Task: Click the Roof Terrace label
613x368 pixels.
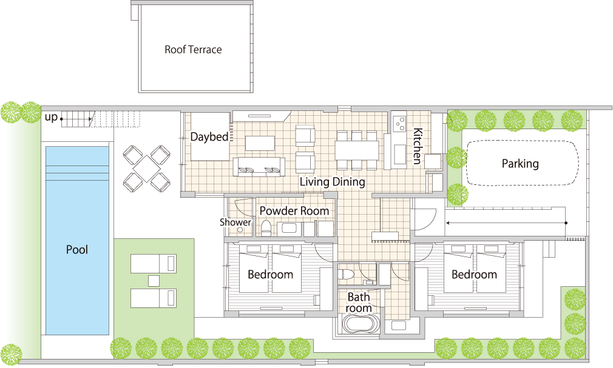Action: point(193,50)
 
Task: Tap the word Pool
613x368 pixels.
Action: point(77,250)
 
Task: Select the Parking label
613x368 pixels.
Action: point(520,163)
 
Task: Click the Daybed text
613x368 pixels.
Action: point(209,137)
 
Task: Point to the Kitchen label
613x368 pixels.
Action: point(418,146)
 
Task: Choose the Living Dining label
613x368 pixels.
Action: point(333,182)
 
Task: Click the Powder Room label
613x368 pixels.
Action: point(294,210)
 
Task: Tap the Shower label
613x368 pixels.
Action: point(235,222)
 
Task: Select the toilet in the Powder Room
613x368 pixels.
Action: point(266,228)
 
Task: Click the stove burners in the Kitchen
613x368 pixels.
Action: point(399,124)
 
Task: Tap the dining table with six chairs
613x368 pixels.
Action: point(356,150)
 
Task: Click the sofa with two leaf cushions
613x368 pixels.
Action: point(259,167)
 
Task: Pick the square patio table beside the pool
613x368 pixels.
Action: point(147,169)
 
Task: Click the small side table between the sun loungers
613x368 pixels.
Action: point(154,281)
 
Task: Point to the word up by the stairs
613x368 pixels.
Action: point(51,117)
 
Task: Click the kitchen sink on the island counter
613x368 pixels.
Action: point(399,155)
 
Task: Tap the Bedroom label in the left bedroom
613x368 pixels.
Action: point(271,274)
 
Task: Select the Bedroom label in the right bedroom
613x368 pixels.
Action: point(474,274)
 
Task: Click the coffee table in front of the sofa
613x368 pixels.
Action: point(260,143)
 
